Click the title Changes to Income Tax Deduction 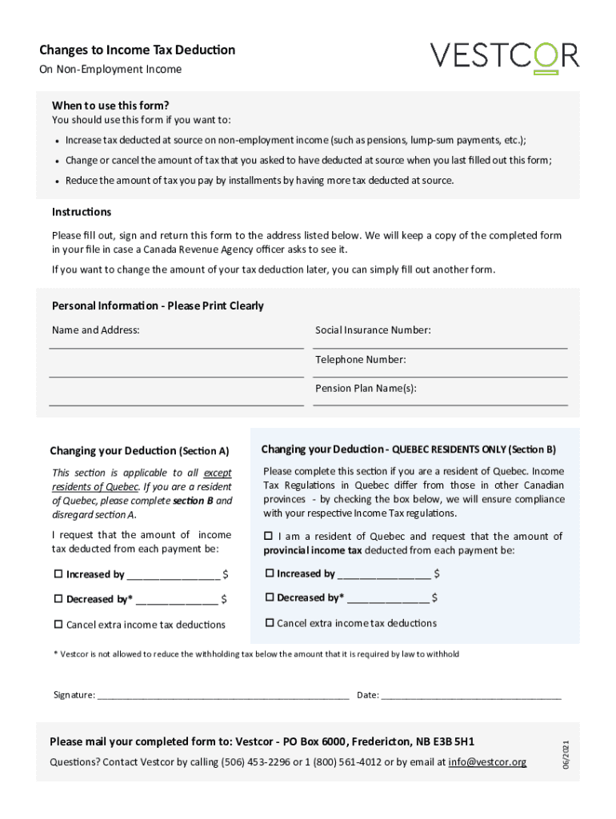pos(137,50)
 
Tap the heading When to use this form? pos(110,106)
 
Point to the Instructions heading pos(82,212)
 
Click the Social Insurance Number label pos(373,330)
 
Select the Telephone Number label pos(360,360)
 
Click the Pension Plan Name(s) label pos(366,389)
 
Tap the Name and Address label pos(95,330)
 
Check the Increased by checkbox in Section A pos(58,574)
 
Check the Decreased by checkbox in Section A pos(58,599)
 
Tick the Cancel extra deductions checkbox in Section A pos(58,625)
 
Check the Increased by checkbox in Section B pos(270,573)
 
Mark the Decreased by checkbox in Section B pos(270,597)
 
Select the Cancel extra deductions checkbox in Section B pos(270,623)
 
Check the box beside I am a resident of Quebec pos(270,537)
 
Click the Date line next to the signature pos(471,695)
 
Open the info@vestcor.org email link pos(487,762)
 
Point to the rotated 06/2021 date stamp pos(566,757)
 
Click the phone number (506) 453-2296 pos(254,762)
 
